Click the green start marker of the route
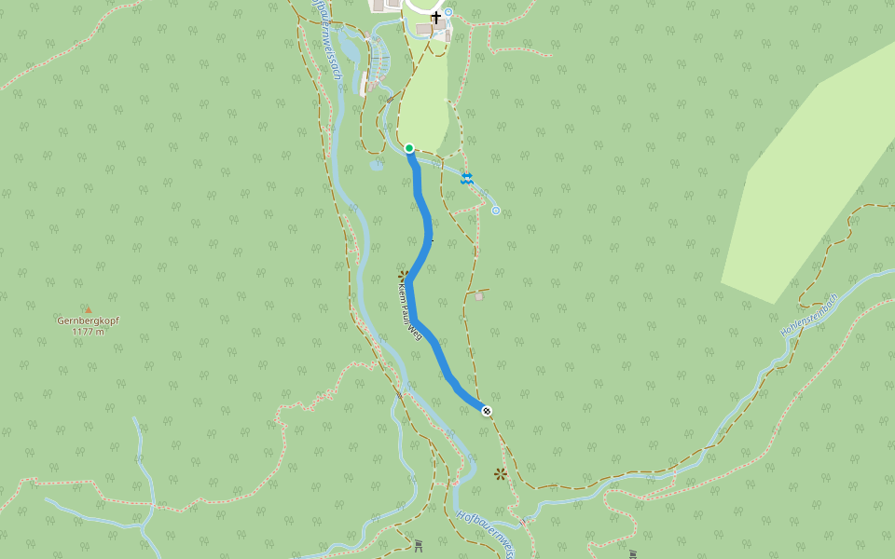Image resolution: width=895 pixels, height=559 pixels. (409, 148)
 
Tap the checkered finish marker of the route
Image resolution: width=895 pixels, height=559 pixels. (487, 411)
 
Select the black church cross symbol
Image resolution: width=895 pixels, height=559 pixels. (435, 18)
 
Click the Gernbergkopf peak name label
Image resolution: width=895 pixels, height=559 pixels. (88, 320)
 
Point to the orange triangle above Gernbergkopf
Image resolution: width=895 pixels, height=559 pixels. (89, 309)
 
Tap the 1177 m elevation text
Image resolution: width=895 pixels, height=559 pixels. (88, 331)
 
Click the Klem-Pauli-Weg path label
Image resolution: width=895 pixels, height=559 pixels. (407, 312)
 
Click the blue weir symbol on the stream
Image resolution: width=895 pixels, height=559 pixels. (466, 178)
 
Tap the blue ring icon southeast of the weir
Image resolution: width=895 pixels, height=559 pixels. (495, 211)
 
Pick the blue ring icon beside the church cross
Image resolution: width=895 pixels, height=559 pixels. (448, 12)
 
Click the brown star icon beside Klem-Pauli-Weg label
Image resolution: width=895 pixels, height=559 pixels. (404, 276)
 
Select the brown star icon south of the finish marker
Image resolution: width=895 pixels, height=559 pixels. (501, 474)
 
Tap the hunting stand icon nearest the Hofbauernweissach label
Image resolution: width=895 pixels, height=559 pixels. (419, 544)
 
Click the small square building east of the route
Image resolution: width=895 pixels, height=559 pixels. (478, 296)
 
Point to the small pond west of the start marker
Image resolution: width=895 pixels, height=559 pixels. (375, 166)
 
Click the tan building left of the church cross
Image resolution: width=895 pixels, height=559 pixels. (424, 30)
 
